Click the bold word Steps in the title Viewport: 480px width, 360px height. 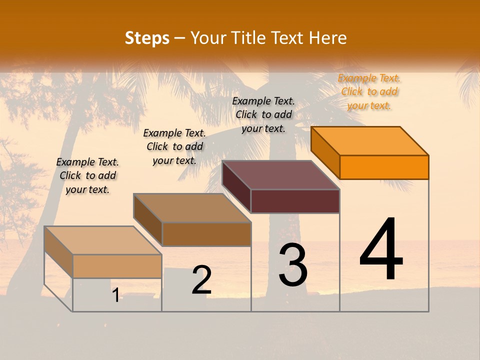click(147, 38)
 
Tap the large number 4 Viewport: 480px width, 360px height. click(381, 249)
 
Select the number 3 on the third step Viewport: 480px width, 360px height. click(293, 265)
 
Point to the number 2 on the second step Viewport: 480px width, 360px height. click(201, 280)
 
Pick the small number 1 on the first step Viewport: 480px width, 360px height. click(116, 295)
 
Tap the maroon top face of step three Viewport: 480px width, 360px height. click(280, 175)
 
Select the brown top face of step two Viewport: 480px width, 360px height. click(192, 207)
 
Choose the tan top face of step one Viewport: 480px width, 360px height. click(103, 240)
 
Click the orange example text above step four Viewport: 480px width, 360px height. click(369, 92)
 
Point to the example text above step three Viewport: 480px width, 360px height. click(263, 114)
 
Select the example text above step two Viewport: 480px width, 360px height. click(174, 146)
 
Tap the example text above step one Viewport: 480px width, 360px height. click(87, 175)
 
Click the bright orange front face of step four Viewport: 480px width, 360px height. click(384, 167)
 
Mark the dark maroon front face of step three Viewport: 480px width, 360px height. click(295, 201)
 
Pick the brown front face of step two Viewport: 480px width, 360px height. click(206, 234)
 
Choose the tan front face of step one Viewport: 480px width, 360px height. click(117, 266)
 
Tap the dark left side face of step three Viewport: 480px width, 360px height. click(236, 187)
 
